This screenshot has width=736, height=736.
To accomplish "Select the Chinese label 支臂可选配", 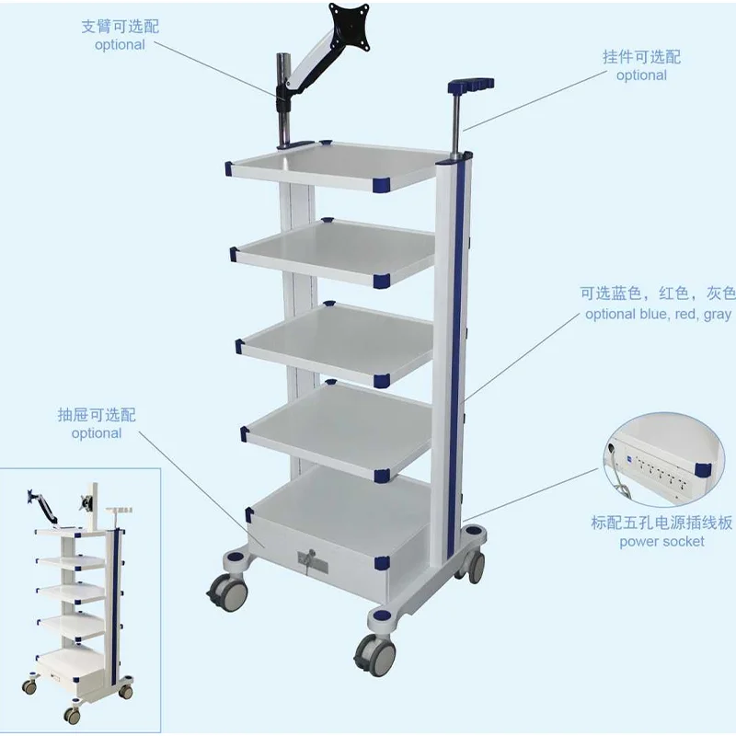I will coord(120,26).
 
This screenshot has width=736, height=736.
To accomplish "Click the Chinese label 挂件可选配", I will coord(641,57).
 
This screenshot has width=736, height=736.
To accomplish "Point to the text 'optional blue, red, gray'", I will coord(658,314).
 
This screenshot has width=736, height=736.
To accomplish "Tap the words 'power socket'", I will coord(661,541).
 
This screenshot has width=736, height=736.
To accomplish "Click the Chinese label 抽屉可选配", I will coord(97,415).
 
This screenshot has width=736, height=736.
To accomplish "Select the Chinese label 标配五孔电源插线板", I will coord(661,523).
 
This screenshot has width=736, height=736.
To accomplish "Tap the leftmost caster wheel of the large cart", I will coord(228,591).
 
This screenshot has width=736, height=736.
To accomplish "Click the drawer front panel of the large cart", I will coord(317,552).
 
